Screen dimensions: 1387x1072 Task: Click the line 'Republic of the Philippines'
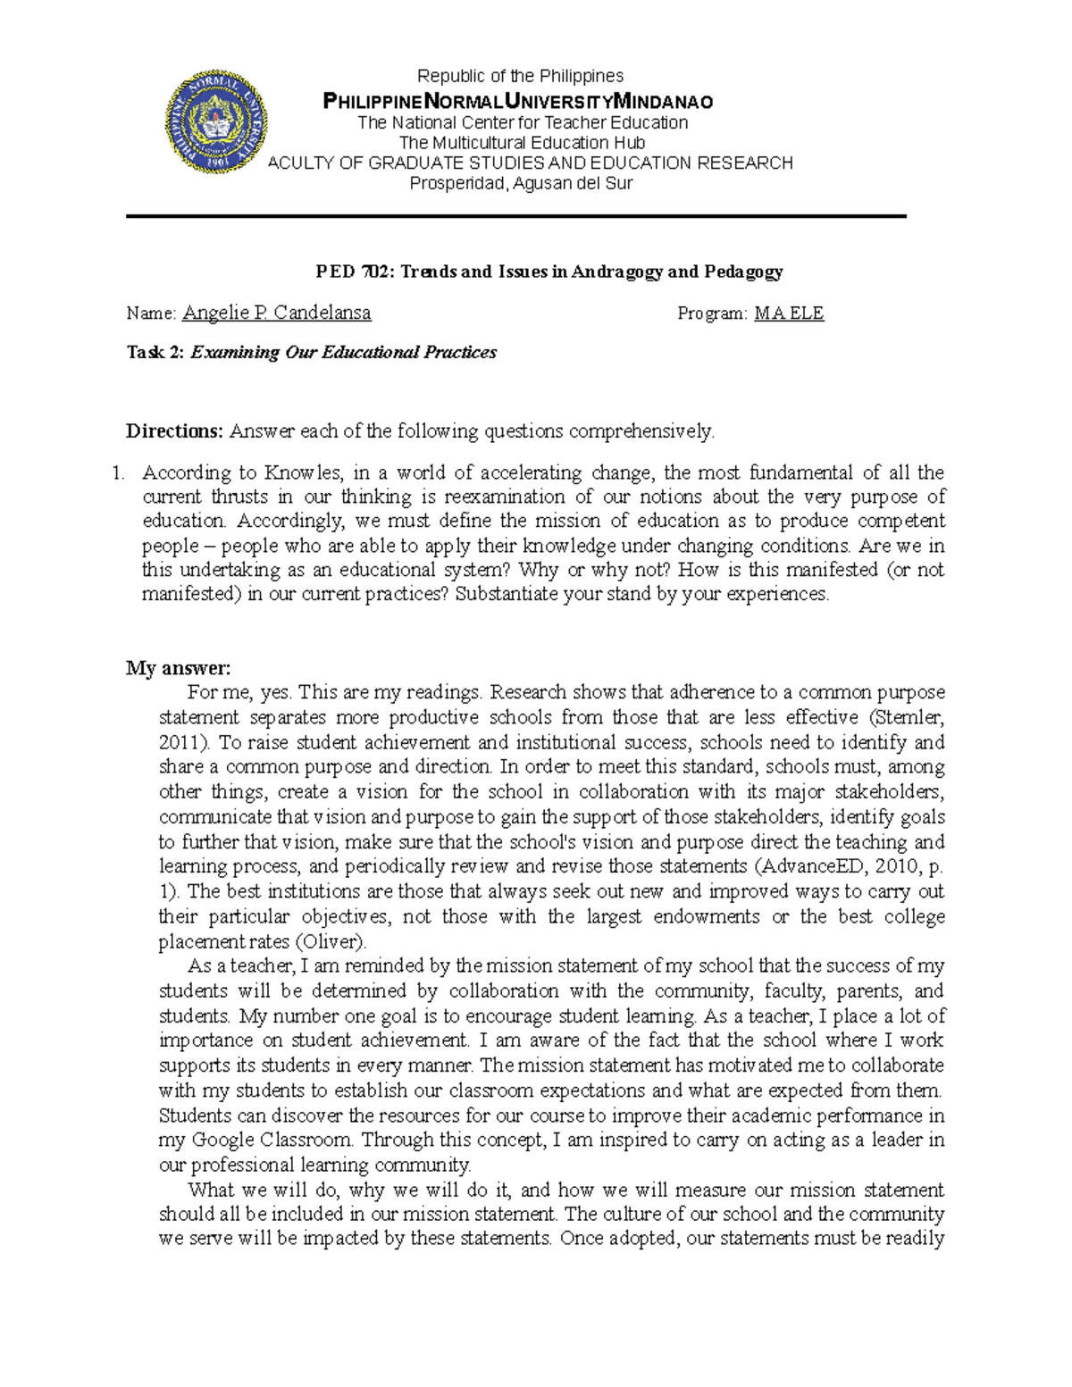click(x=521, y=76)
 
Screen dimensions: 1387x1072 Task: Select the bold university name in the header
click(x=518, y=101)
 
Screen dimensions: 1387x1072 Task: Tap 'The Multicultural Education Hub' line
click(x=522, y=143)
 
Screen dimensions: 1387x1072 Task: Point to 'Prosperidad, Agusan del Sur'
click(x=521, y=184)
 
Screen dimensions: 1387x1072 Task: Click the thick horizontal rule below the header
click(x=516, y=216)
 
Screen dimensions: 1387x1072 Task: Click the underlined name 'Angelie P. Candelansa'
click(x=277, y=313)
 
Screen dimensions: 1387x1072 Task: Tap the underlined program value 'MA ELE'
click(x=789, y=313)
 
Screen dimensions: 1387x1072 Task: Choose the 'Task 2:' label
click(x=156, y=353)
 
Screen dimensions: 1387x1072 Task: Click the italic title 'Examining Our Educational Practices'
click(x=344, y=353)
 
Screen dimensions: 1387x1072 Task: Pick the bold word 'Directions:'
click(x=174, y=431)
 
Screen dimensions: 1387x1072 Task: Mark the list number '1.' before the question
click(x=119, y=472)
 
